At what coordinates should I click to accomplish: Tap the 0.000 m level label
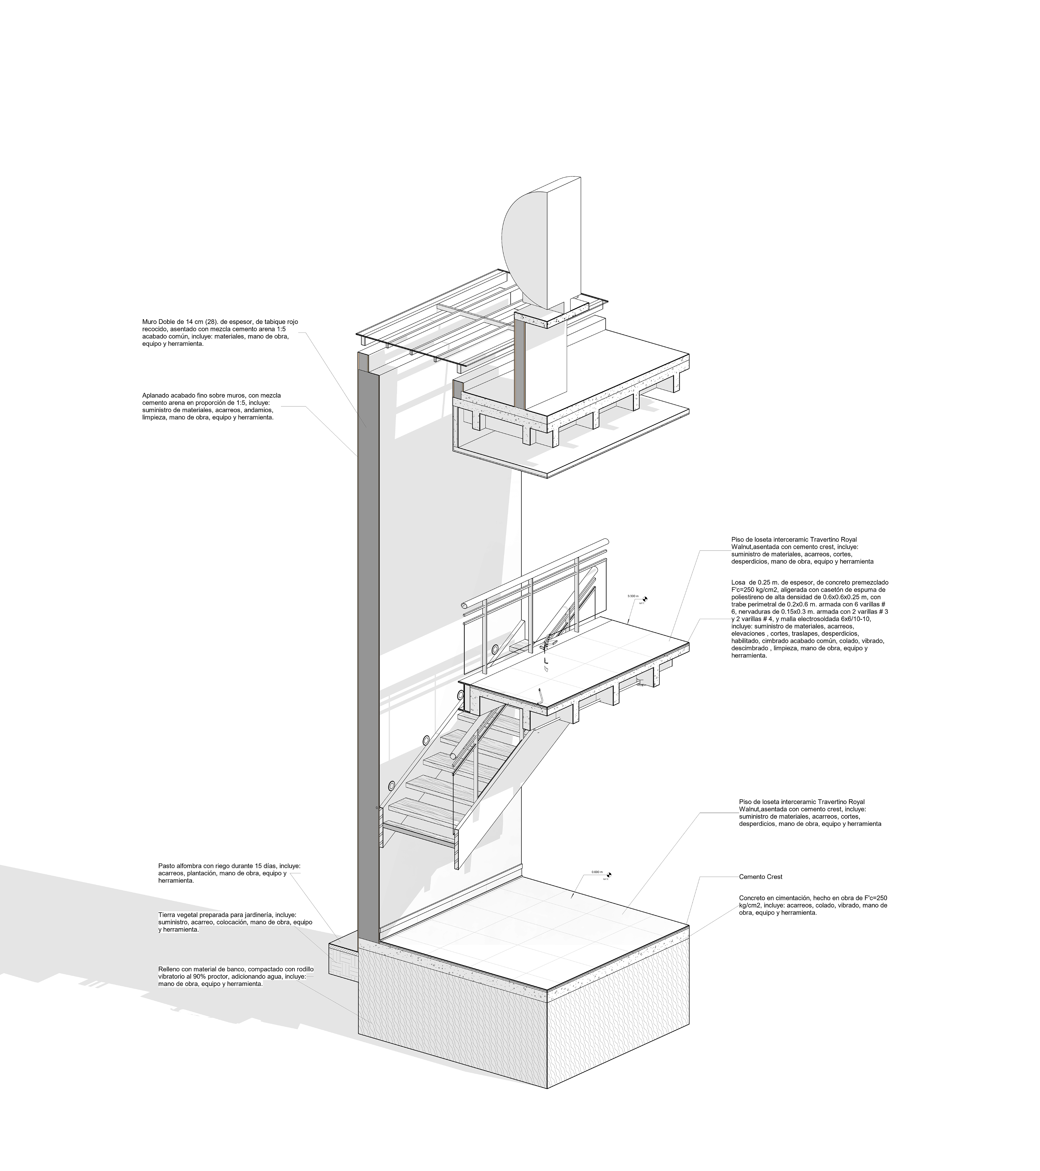coord(597,889)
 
